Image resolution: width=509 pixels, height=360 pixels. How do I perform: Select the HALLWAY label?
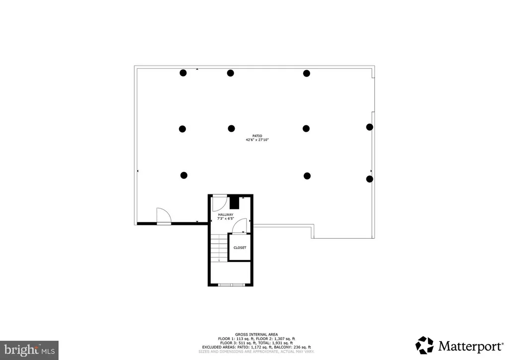coord(225,214)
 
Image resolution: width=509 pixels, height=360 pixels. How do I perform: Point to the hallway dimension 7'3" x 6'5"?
coord(225,219)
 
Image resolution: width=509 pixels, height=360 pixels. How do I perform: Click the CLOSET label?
coord(240,248)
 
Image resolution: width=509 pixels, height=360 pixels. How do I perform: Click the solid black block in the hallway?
coord(235,202)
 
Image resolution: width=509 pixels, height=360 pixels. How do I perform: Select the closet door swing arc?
coord(241,225)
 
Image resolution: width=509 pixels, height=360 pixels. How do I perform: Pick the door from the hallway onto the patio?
coord(219,203)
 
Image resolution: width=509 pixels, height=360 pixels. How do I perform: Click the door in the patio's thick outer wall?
coord(164,217)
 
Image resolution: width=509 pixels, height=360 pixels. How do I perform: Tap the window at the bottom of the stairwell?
coord(231,285)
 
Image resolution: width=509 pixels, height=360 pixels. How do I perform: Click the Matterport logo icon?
coord(424,345)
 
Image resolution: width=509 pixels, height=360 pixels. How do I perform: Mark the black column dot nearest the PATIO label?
coord(231,128)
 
